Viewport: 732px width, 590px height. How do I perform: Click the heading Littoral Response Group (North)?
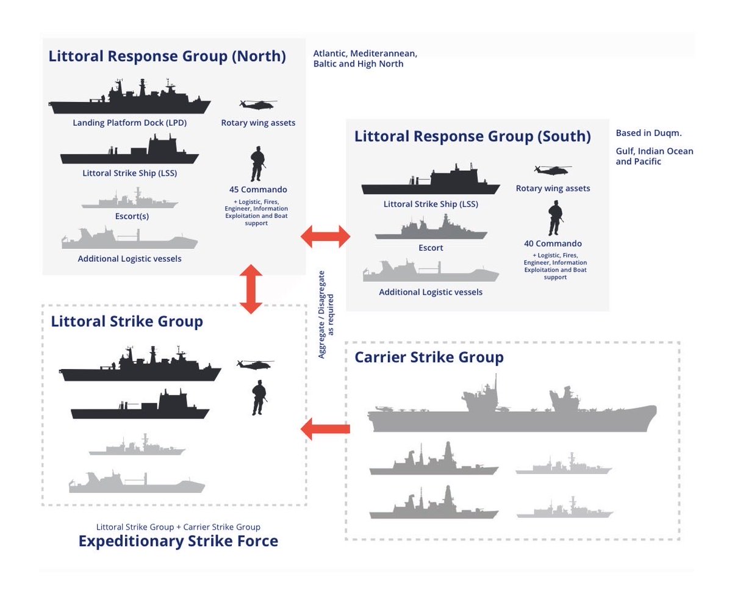167,56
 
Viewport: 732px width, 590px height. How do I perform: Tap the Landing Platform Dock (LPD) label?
129,123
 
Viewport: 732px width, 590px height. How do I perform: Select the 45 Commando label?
258,189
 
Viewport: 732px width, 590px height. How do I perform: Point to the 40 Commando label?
553,243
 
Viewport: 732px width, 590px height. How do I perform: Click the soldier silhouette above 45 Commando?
258,164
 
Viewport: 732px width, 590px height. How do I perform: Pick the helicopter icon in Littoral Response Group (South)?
552,170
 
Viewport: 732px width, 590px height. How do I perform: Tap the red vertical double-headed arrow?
251,289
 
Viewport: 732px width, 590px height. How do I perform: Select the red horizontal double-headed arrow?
326,236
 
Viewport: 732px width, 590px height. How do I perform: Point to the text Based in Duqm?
648,134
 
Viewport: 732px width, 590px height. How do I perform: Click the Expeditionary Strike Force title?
178,541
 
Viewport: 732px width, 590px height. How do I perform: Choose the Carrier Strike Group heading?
429,357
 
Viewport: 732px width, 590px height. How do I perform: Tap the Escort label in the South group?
431,248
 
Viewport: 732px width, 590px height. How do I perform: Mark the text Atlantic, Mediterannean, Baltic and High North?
365,59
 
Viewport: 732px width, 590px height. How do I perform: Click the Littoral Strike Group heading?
127,321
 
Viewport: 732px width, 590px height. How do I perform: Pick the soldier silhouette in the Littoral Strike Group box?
259,397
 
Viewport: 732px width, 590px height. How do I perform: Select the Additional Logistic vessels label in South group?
431,292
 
